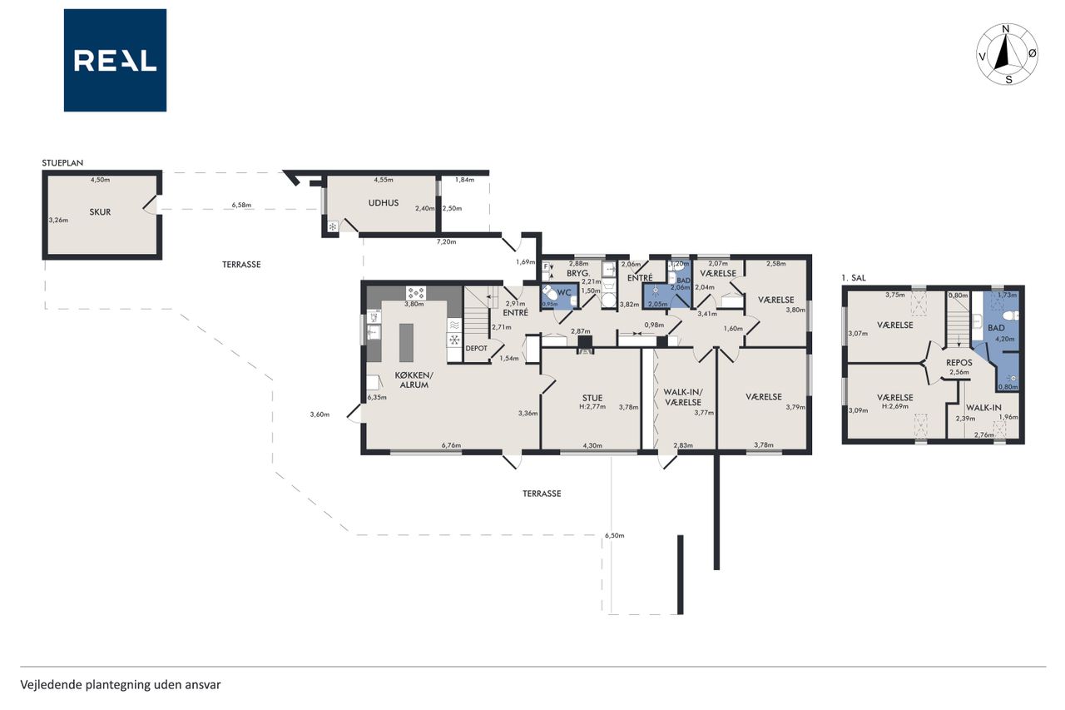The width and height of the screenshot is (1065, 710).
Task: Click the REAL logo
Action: (x=115, y=61)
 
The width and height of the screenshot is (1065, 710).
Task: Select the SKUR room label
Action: (x=100, y=212)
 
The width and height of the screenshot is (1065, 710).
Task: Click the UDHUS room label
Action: (x=384, y=203)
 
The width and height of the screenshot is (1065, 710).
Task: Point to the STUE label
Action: (x=592, y=398)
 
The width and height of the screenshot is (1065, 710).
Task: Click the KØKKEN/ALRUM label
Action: (x=414, y=380)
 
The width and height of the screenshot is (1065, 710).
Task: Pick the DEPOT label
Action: (x=477, y=349)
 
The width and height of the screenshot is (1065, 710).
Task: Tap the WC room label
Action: (x=564, y=292)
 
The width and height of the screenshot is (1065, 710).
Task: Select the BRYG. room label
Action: (x=578, y=274)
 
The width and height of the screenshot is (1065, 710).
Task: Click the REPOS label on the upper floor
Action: (x=959, y=363)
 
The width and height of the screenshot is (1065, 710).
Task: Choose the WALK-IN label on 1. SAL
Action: (x=983, y=408)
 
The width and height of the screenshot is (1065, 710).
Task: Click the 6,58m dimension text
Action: (x=241, y=205)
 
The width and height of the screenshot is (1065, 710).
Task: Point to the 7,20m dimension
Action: (x=447, y=241)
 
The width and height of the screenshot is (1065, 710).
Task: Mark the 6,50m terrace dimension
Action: (x=614, y=535)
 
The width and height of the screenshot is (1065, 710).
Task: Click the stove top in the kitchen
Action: (x=416, y=293)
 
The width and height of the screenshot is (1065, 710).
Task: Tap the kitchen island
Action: (x=406, y=342)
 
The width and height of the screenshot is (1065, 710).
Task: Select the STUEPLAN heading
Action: (x=62, y=162)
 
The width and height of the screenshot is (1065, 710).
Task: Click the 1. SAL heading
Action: (x=854, y=278)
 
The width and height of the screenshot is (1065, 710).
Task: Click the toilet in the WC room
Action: (x=550, y=291)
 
